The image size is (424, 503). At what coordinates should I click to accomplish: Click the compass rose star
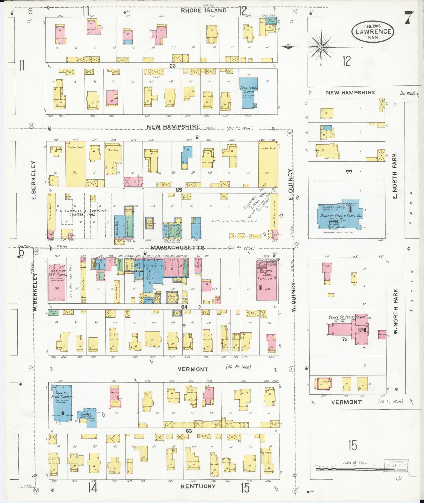tap(321, 47)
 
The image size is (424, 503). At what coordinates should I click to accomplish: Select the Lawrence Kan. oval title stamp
tap(373, 31)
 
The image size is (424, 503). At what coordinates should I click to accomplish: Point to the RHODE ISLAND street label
tap(204, 11)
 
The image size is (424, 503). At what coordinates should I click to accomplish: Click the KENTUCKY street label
tap(198, 486)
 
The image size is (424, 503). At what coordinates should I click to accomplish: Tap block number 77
tap(349, 172)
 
